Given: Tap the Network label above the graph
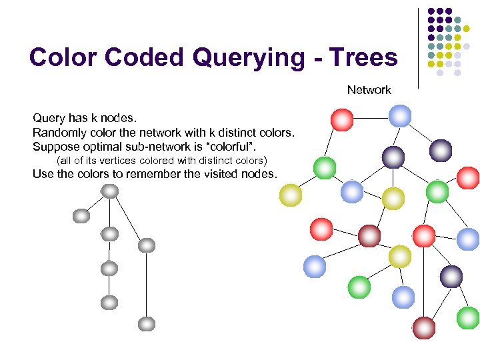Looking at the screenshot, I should tap(369, 90).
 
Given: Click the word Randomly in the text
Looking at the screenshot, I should tap(57, 132).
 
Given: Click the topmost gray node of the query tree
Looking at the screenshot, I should tap(110, 191).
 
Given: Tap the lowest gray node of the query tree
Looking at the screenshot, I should tap(147, 325).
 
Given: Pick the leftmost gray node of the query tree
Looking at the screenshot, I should tap(81, 216).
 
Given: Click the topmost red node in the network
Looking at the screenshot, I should tap(342, 120).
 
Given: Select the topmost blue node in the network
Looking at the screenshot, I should tap(400, 115).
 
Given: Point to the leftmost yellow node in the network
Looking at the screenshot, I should tap(291, 195).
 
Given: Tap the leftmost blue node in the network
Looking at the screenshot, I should tap(315, 267).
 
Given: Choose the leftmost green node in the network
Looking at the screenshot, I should tap(325, 167).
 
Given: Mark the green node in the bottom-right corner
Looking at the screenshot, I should tap(468, 317).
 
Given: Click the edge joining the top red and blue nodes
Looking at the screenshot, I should tap(371, 118).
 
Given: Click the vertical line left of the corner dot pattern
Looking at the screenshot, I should tap(418, 47).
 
